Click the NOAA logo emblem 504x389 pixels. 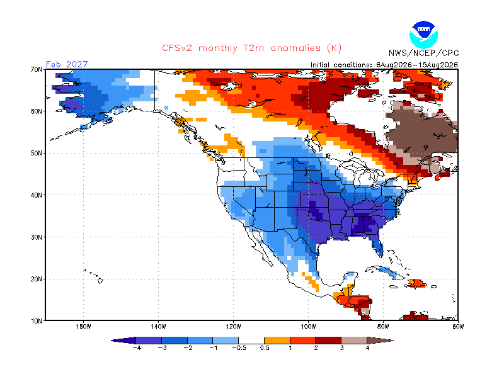423,35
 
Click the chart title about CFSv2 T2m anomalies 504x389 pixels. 251,48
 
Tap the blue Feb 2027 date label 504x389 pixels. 67,64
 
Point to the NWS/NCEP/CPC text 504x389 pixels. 423,53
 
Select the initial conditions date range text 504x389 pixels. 384,65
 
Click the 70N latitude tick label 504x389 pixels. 36,69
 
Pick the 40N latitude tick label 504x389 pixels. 36,195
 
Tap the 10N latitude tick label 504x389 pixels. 36,321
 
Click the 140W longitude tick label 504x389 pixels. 158,327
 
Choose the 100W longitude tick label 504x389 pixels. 308,327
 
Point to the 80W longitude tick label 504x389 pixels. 383,327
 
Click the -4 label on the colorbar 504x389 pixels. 137,348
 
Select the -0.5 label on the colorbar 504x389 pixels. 239,348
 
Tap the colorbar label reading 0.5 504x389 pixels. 265,348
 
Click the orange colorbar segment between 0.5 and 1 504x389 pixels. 277,340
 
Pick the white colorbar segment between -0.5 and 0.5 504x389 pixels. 251,340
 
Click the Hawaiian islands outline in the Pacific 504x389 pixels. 94,276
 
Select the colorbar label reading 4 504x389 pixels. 367,348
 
